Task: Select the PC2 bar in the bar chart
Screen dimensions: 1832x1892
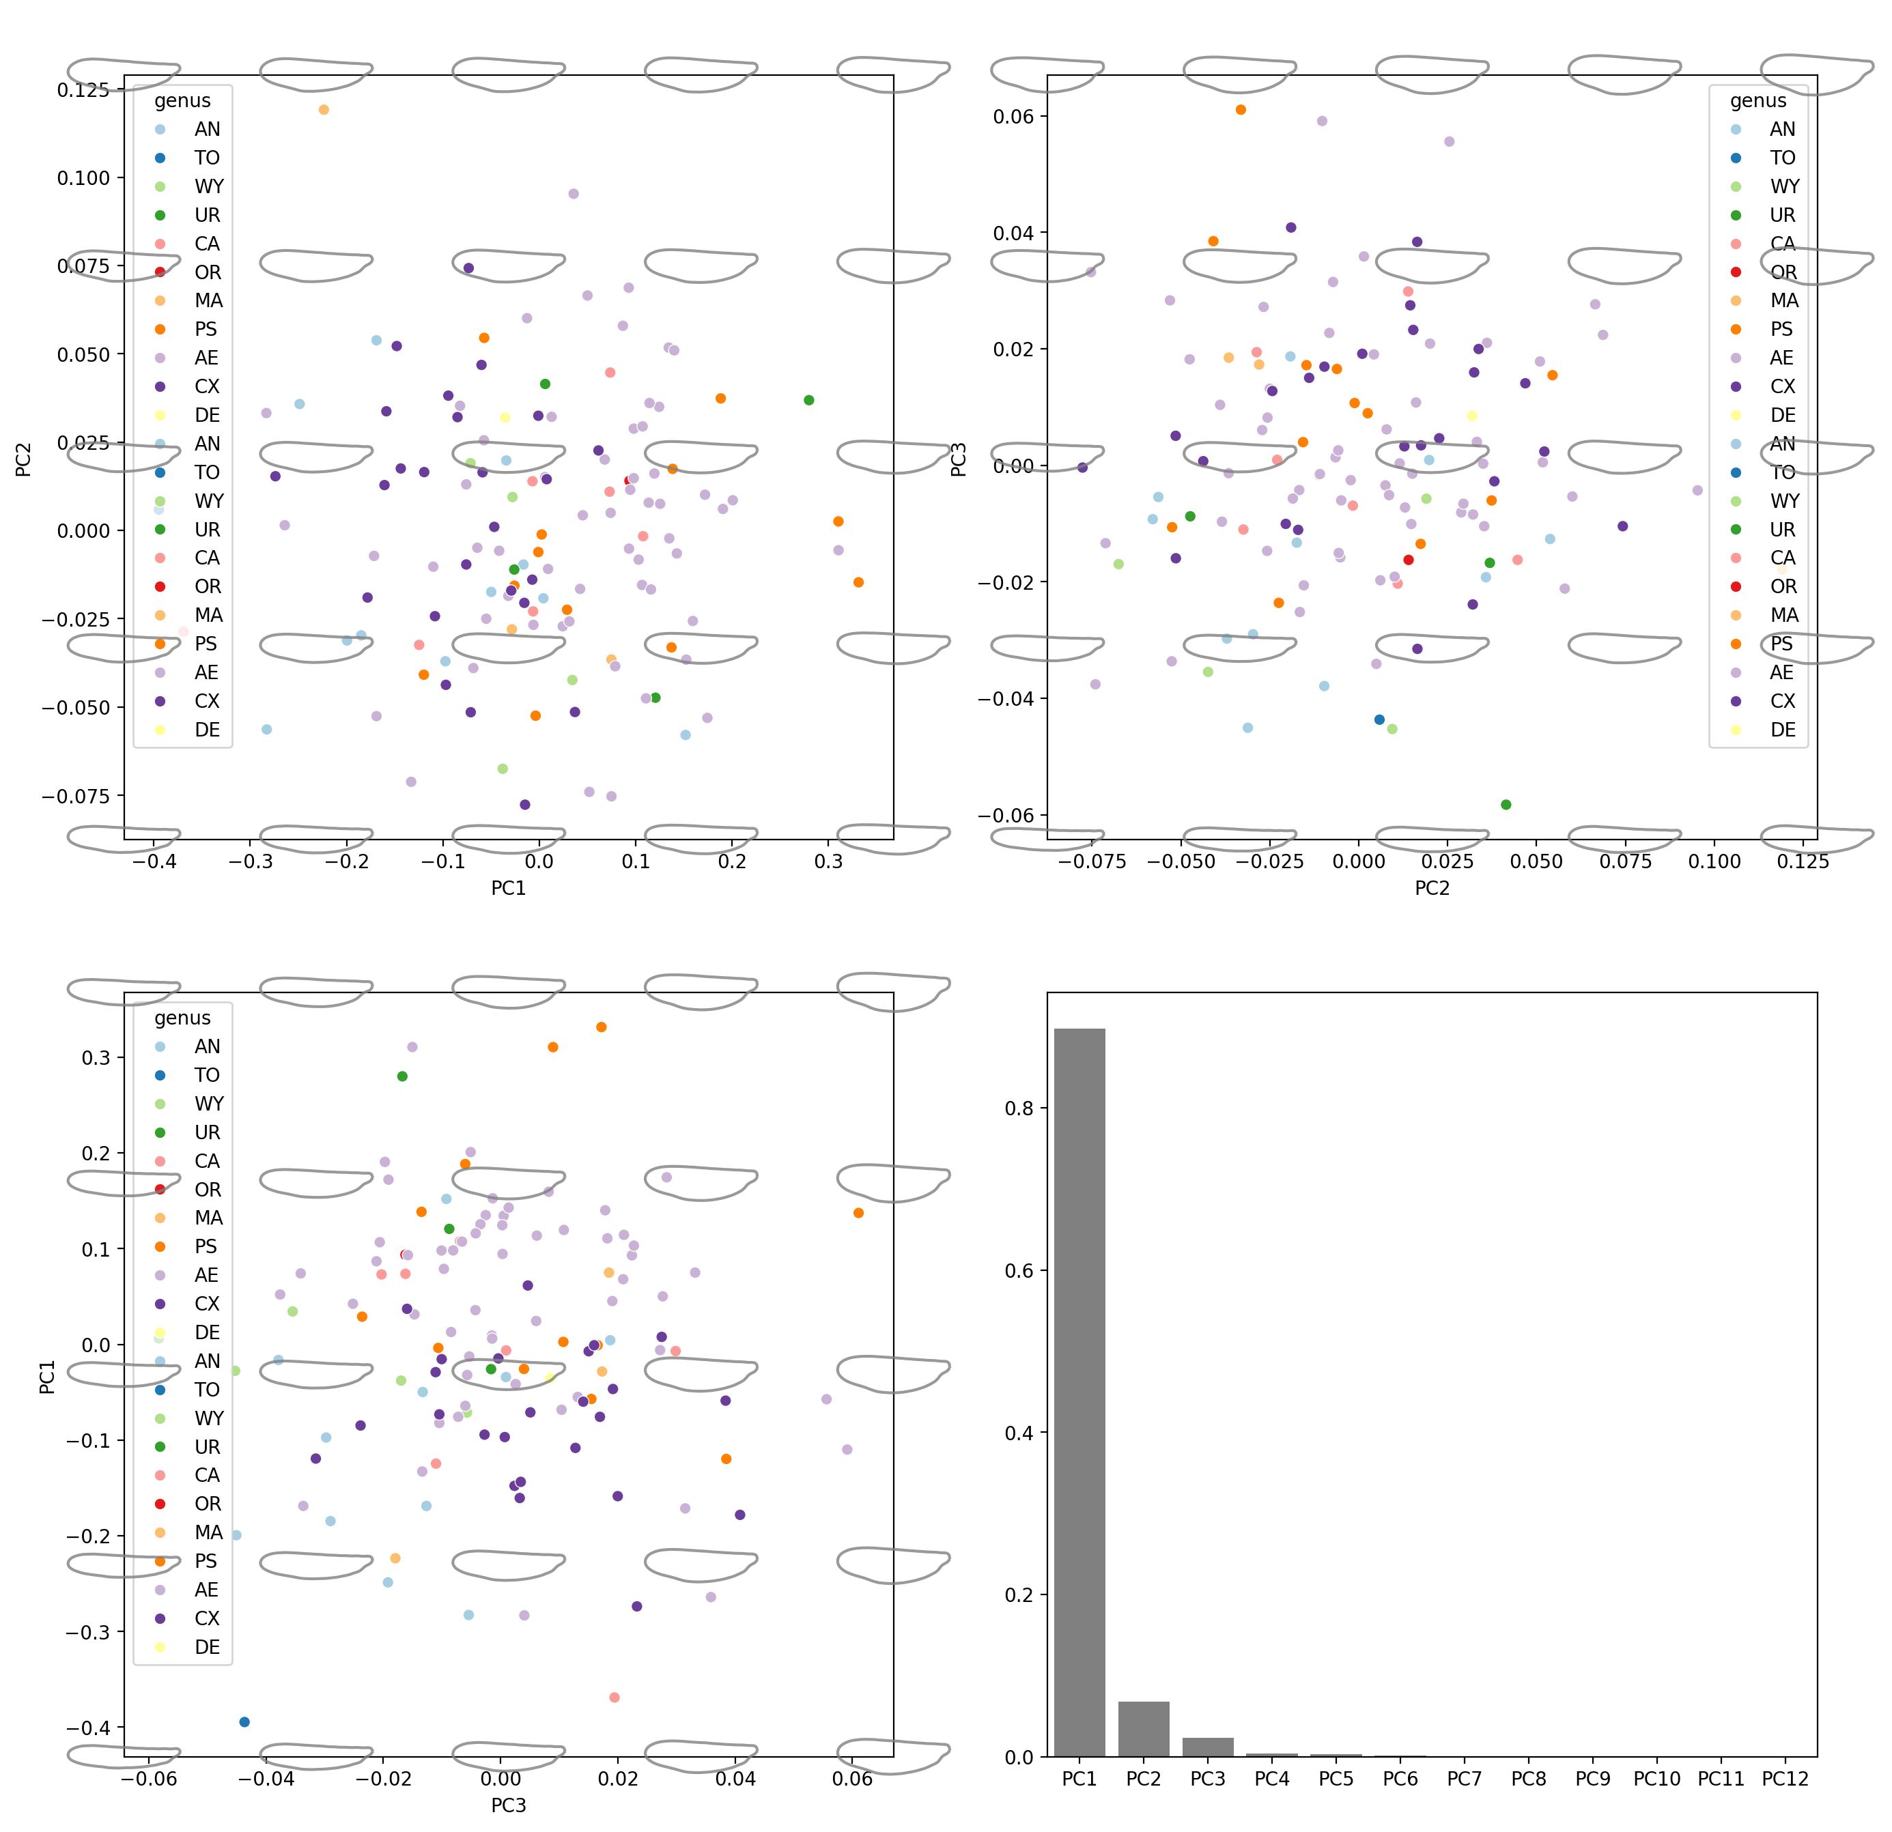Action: pyautogui.click(x=1143, y=1728)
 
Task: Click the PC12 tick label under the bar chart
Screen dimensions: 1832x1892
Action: pyautogui.click(x=1785, y=1778)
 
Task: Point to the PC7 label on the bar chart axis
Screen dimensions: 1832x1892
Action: pyautogui.click(x=1465, y=1778)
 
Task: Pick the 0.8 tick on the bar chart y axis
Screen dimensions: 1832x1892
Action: pyautogui.click(x=1019, y=1108)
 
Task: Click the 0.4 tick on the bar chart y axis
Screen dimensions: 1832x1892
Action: pyautogui.click(x=1019, y=1433)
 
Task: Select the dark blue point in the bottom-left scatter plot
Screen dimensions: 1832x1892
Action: pyautogui.click(x=244, y=1722)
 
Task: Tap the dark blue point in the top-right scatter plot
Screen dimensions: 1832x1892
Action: pyautogui.click(x=1379, y=719)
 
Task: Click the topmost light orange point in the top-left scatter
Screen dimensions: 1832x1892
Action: pyautogui.click(x=324, y=110)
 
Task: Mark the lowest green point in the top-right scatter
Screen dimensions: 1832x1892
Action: pyautogui.click(x=1506, y=804)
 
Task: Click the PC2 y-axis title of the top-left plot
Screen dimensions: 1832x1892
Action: pyautogui.click(x=24, y=459)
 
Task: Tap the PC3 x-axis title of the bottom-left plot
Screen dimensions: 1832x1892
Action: pyautogui.click(x=509, y=1805)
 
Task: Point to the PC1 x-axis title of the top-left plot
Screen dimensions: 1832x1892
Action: pyautogui.click(x=509, y=888)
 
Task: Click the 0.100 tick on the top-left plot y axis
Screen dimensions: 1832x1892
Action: pyautogui.click(x=84, y=177)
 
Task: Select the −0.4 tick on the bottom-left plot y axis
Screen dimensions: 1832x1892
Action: pyautogui.click(x=87, y=1727)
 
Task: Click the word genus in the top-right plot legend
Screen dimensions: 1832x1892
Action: pyautogui.click(x=1757, y=100)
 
